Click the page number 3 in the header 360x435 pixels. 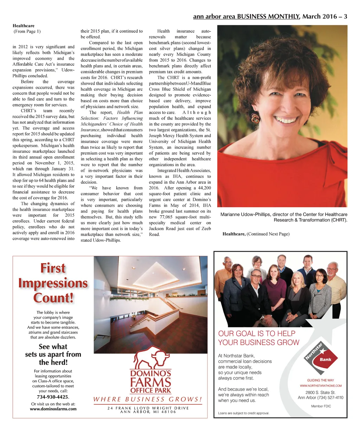click(345, 17)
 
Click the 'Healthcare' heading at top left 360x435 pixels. click(24, 26)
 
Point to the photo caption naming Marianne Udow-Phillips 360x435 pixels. click(284, 217)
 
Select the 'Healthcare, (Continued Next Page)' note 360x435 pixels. click(256, 234)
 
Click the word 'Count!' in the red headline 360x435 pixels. click(53, 298)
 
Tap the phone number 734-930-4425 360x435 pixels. click(53, 397)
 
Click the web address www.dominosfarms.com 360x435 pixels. click(53, 409)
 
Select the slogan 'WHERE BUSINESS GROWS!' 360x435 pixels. click(148, 399)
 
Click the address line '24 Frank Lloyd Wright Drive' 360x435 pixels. click(148, 408)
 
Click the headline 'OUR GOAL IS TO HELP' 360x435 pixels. click(257, 333)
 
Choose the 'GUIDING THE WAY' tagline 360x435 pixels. click(321, 380)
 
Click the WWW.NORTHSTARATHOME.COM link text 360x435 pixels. click(321, 385)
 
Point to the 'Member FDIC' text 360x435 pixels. click(321, 406)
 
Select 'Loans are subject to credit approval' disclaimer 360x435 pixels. click(244, 413)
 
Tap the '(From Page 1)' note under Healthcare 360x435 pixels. click(27, 31)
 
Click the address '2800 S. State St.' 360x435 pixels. click(320, 392)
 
